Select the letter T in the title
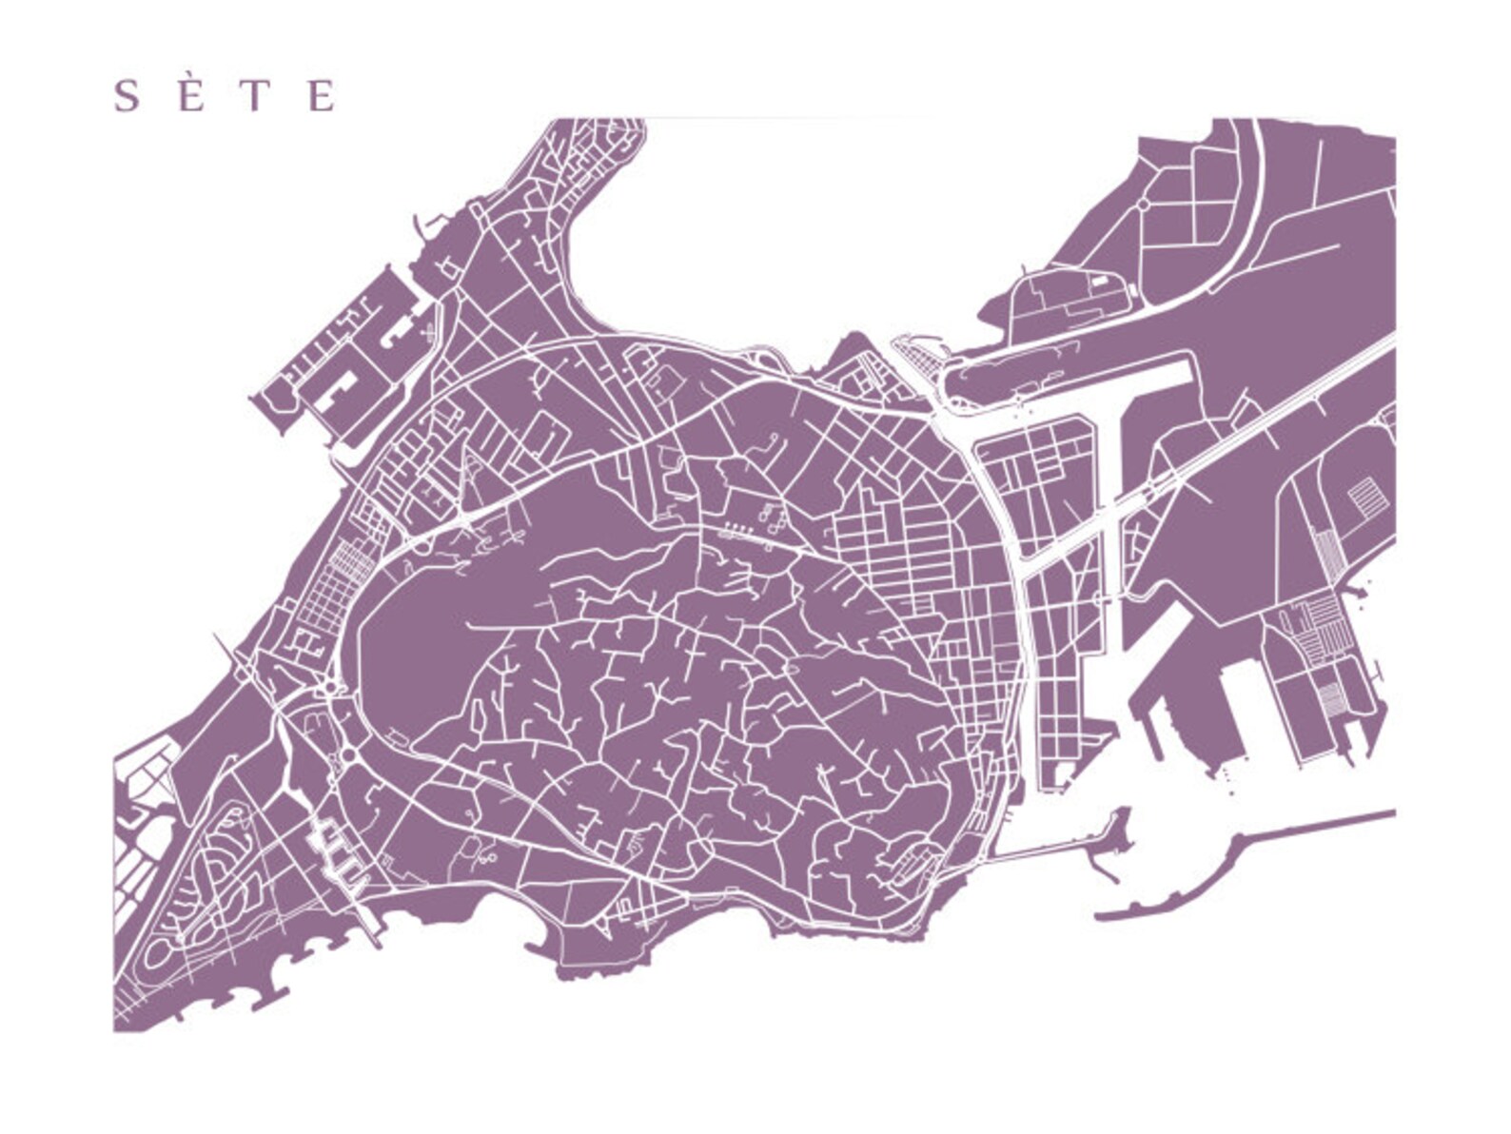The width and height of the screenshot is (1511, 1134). tap(254, 96)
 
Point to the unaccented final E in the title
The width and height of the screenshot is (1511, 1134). tap(323, 96)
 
